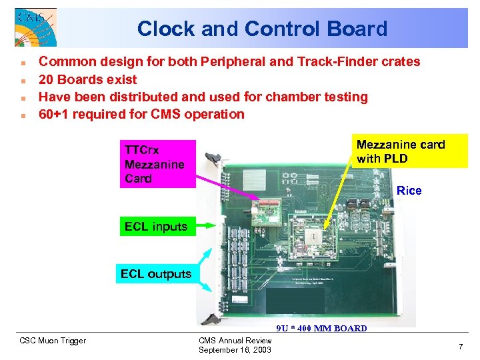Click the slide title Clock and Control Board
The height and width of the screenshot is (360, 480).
[262, 29]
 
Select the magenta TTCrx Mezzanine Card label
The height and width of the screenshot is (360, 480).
[157, 163]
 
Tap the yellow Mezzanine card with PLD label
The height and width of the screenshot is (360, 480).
[411, 151]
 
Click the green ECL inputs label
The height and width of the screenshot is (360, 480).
[156, 227]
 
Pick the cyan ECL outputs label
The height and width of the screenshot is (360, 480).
[156, 273]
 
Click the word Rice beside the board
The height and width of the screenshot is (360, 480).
[409, 191]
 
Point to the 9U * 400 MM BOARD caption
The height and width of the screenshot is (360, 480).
[321, 328]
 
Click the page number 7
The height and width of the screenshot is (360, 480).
[460, 347]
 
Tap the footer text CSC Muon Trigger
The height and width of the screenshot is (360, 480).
[53, 341]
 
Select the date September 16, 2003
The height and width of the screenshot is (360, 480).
[235, 350]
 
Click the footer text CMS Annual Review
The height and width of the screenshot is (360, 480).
[235, 341]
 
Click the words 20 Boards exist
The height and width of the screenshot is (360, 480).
[87, 79]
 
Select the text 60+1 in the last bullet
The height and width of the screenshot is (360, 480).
[53, 114]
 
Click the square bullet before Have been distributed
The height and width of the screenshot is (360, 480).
[23, 97]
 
